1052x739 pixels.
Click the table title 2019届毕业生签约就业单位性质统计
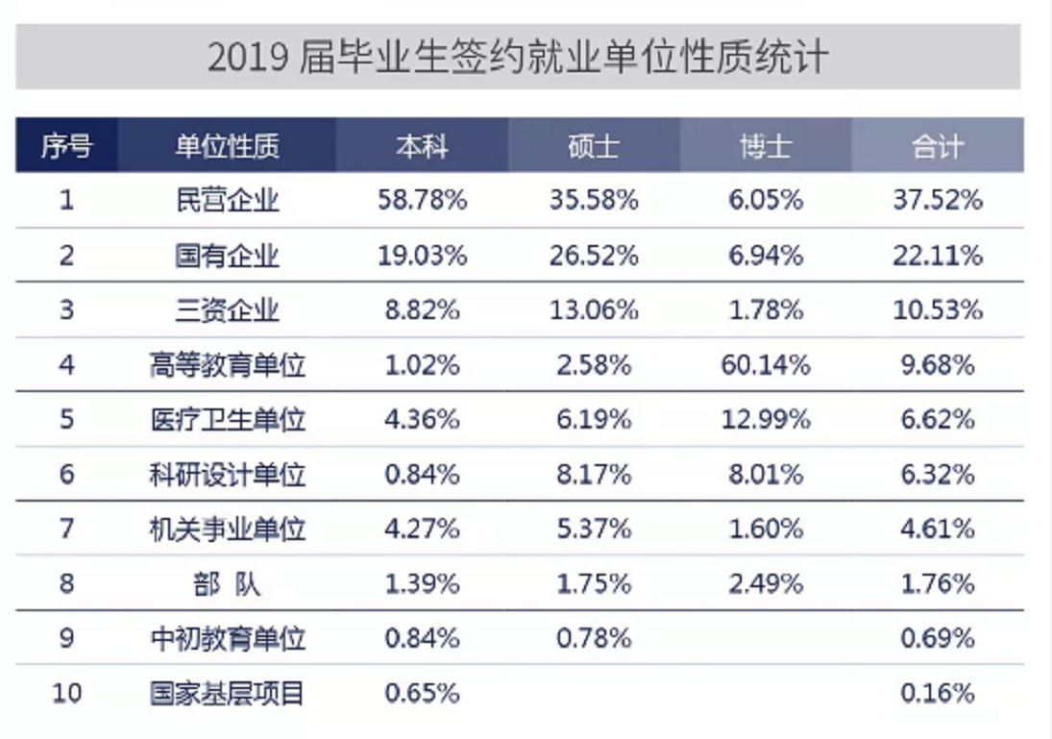[x=517, y=58]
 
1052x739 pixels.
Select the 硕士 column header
[x=593, y=146]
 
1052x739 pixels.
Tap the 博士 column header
[x=765, y=146]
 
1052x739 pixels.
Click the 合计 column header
[x=937, y=146]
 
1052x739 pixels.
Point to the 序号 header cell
[x=66, y=146]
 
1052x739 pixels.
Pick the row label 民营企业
[x=228, y=200]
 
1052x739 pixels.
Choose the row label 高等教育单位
[x=228, y=365]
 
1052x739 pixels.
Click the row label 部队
[x=228, y=583]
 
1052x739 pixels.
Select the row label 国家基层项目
[x=228, y=693]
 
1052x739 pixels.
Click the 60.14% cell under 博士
[x=765, y=365]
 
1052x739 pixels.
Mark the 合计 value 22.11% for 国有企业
[x=937, y=256]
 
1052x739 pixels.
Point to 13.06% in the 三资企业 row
[x=593, y=310]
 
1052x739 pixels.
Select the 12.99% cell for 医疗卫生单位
[x=765, y=420]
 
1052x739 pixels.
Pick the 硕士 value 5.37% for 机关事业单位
[x=593, y=529]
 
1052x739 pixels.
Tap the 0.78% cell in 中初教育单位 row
[x=593, y=638]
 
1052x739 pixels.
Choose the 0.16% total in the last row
[x=937, y=693]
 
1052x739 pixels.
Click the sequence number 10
[x=66, y=693]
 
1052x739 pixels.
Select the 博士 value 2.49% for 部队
[x=765, y=583]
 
